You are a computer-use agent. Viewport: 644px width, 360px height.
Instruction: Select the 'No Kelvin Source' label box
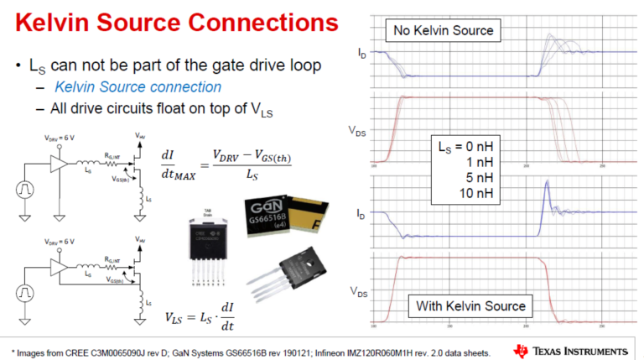pyautogui.click(x=443, y=32)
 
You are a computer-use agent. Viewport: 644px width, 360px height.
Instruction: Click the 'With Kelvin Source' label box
pyautogui.click(x=471, y=305)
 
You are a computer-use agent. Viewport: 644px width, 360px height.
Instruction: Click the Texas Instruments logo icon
pyautogui.click(x=522, y=350)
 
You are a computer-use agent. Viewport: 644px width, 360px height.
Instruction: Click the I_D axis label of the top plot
pyautogui.click(x=361, y=54)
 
